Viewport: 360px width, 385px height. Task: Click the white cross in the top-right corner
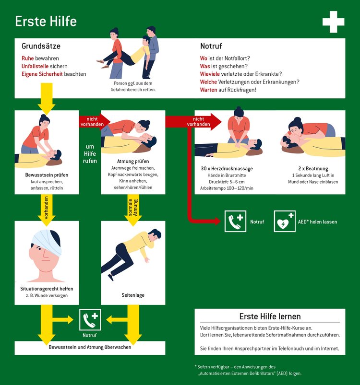(333, 22)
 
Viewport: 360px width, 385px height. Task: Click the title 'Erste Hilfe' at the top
(46, 22)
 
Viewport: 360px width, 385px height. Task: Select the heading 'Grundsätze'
(41, 47)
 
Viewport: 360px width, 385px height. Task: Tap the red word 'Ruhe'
(27, 58)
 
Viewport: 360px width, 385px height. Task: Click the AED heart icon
(285, 222)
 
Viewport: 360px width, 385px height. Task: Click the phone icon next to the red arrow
(236, 222)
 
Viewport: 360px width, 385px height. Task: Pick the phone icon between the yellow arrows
(90, 320)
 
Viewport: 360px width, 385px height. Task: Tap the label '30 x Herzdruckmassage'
(227, 169)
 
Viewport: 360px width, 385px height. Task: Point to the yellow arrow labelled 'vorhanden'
(47, 207)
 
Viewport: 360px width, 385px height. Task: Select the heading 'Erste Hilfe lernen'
(270, 316)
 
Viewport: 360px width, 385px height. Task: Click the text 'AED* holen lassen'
(317, 222)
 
